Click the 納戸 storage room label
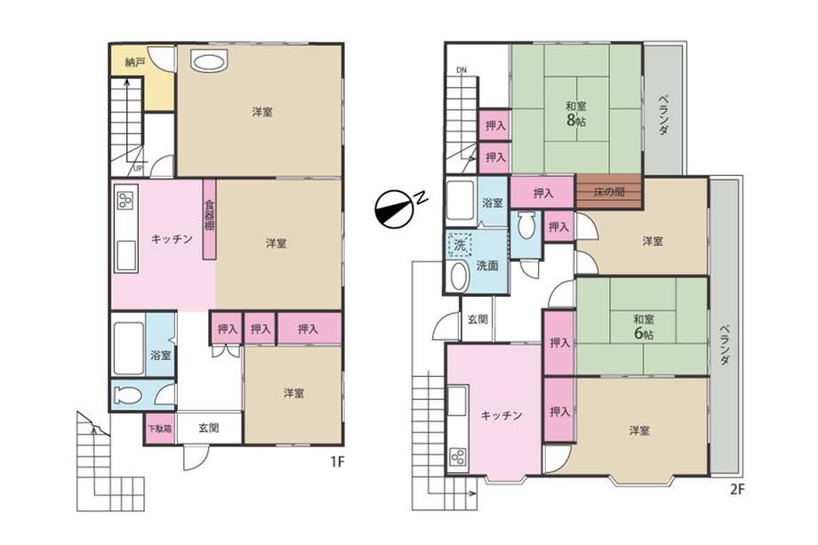tap(135, 62)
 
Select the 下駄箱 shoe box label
tap(159, 429)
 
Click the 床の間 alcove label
tap(609, 192)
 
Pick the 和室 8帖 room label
tap(576, 114)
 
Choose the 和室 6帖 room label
tap(643, 326)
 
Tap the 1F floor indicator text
tap(337, 461)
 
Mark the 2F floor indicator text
tap(736, 490)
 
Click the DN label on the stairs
tap(461, 70)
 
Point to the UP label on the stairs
tap(138, 168)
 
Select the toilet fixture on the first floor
tap(127, 395)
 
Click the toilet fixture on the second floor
tap(525, 225)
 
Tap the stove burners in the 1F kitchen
tap(124, 200)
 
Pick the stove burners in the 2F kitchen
tap(459, 457)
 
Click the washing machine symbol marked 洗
tap(459, 244)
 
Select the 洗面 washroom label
tap(487, 266)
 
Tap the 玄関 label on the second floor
tap(477, 318)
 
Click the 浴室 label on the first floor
tap(161, 355)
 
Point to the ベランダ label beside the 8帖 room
tap(663, 115)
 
